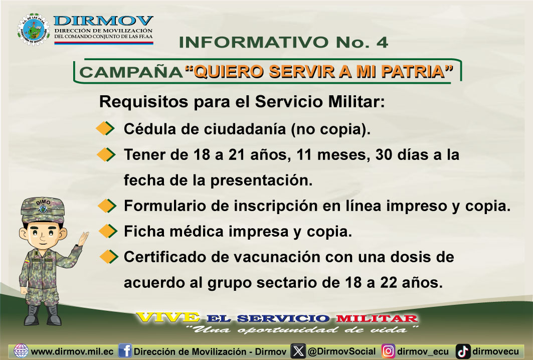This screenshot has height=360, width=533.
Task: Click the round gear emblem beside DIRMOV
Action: (x=33, y=29)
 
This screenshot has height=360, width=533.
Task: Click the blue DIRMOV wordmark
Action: (x=103, y=21)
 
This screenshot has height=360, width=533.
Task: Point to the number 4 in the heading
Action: (x=382, y=42)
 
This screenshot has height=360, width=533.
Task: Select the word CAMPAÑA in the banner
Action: (x=131, y=72)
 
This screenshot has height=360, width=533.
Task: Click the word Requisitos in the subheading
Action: (x=143, y=102)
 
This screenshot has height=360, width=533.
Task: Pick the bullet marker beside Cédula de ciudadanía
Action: (x=105, y=128)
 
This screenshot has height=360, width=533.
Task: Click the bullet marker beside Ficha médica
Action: (x=108, y=231)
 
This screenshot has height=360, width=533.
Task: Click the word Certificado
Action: (x=165, y=257)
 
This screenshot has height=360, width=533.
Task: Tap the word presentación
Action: (x=261, y=181)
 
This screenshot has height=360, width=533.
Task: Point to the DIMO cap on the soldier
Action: (x=43, y=210)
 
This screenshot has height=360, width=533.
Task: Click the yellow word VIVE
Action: (x=167, y=317)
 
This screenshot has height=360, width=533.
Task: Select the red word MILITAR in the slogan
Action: (x=376, y=318)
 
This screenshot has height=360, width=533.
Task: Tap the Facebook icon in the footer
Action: (x=125, y=351)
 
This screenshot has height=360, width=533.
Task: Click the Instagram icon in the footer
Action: (x=388, y=351)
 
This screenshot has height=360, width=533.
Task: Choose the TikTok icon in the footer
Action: (x=463, y=351)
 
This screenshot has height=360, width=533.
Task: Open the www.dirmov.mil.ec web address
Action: (x=72, y=351)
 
